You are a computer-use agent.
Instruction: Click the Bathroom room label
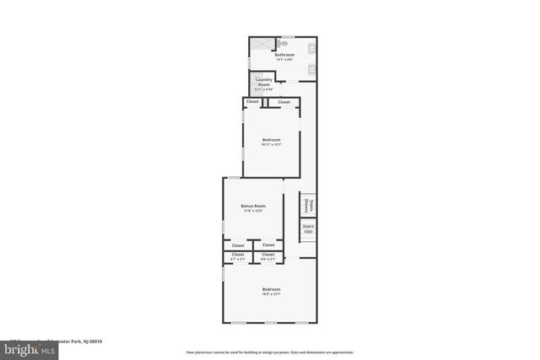tap(272, 55)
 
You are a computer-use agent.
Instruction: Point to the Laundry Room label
tap(264, 82)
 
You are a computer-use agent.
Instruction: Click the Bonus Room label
tap(253, 207)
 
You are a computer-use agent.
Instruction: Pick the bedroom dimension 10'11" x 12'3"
tap(271, 144)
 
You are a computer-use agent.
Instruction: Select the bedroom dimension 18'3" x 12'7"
tap(271, 294)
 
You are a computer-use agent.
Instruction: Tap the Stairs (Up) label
tap(308, 228)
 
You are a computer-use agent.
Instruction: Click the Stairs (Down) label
tap(310, 205)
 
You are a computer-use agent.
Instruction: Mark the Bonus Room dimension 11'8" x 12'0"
tap(253, 211)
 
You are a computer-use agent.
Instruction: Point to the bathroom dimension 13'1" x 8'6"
tap(272, 59)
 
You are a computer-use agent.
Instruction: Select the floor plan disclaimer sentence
tap(270, 352)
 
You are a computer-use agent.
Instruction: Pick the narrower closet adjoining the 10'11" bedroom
tap(251, 102)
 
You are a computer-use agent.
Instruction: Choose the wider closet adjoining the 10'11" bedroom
tap(283, 102)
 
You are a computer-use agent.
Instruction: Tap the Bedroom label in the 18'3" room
tap(271, 289)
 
